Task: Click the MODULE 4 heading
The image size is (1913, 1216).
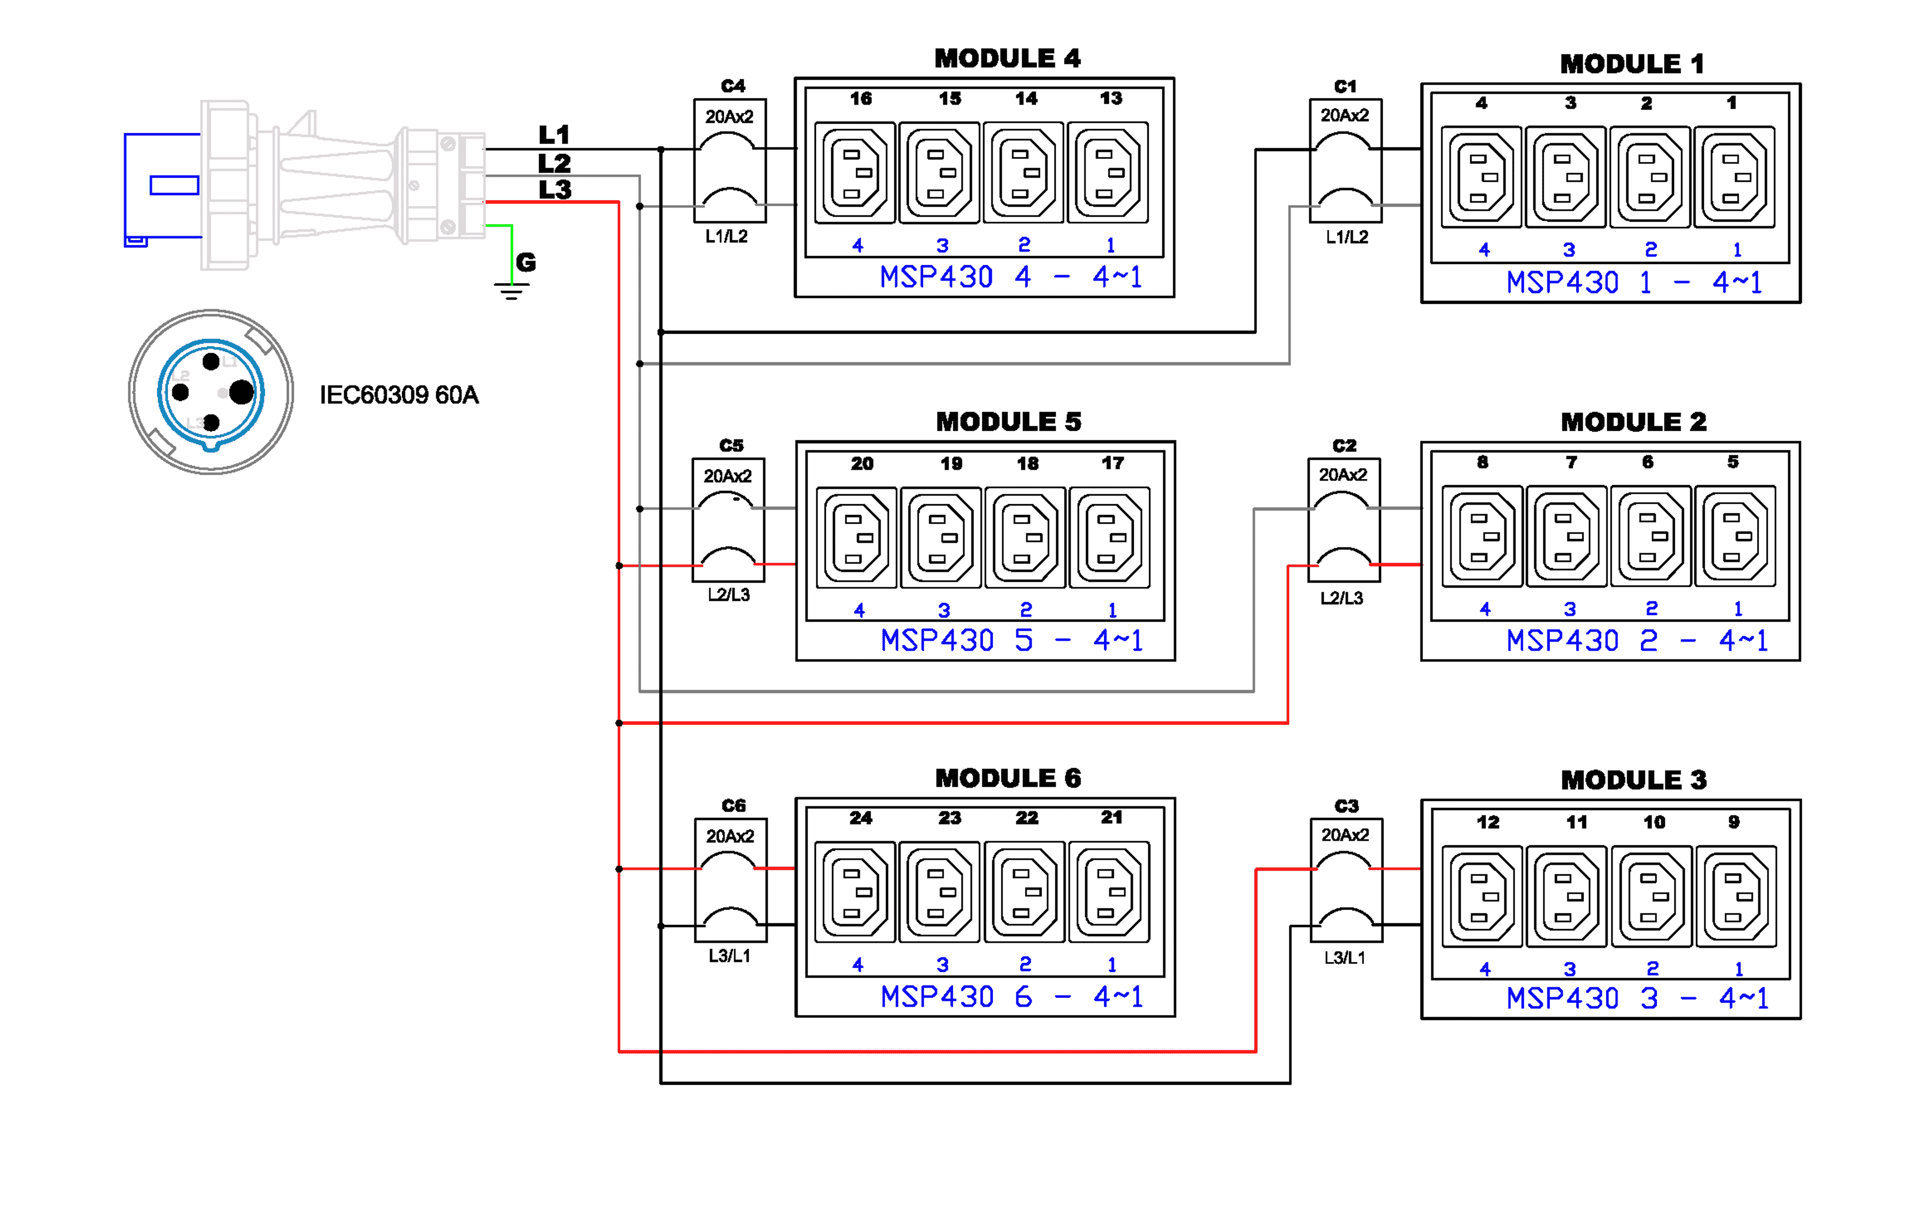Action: [x=1007, y=58]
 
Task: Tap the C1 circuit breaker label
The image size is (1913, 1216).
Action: [x=1345, y=86]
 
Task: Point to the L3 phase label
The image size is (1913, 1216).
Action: [x=554, y=190]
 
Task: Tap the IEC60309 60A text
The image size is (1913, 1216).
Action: [x=399, y=395]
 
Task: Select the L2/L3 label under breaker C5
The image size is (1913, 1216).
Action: [x=728, y=595]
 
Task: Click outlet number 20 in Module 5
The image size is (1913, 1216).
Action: [x=856, y=538]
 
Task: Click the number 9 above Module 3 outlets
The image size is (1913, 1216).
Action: [x=1734, y=821]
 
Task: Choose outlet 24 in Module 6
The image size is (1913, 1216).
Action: [x=855, y=892]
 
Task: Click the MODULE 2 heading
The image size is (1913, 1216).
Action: [x=1634, y=422]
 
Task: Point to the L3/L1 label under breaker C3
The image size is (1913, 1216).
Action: [x=1344, y=958]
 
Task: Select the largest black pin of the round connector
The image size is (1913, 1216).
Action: [x=242, y=392]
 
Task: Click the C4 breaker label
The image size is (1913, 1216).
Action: [x=732, y=86]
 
